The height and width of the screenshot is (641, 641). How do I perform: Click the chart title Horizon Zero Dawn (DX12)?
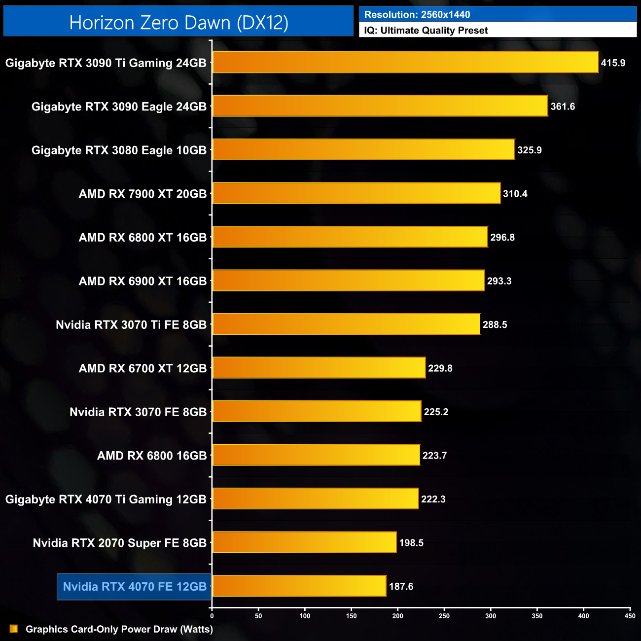[x=178, y=23]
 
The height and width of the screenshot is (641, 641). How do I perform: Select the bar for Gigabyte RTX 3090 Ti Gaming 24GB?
[x=405, y=63]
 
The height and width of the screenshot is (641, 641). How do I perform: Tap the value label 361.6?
[x=563, y=107]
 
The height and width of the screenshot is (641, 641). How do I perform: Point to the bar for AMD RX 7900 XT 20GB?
[x=356, y=193]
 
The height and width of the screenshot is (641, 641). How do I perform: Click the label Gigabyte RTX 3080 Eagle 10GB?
[x=119, y=150]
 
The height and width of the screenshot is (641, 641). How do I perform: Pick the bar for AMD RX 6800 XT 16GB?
[x=350, y=237]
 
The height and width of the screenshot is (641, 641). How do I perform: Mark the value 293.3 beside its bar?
[x=499, y=281]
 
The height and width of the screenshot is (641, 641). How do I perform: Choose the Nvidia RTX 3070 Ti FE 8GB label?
[x=131, y=325]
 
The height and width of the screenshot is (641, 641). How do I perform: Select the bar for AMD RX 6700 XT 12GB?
[x=319, y=368]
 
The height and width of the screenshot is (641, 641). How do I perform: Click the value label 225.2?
[x=436, y=412]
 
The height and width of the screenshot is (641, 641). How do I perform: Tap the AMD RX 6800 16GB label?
[x=152, y=456]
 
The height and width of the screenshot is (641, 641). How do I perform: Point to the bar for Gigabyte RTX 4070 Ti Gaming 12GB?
[x=316, y=499]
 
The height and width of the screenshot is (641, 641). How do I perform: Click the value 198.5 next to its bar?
[x=411, y=543]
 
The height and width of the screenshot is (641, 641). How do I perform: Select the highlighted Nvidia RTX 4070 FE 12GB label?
[x=135, y=587]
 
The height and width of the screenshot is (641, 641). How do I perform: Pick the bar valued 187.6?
[x=299, y=586]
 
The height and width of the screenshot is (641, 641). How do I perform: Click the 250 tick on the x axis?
[x=444, y=616]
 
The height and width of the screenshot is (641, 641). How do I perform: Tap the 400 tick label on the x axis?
[x=583, y=616]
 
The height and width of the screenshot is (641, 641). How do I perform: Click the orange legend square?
[x=14, y=629]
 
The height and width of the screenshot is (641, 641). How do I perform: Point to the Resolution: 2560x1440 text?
[x=417, y=15]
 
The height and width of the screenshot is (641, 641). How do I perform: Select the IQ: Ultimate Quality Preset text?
[x=426, y=31]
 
